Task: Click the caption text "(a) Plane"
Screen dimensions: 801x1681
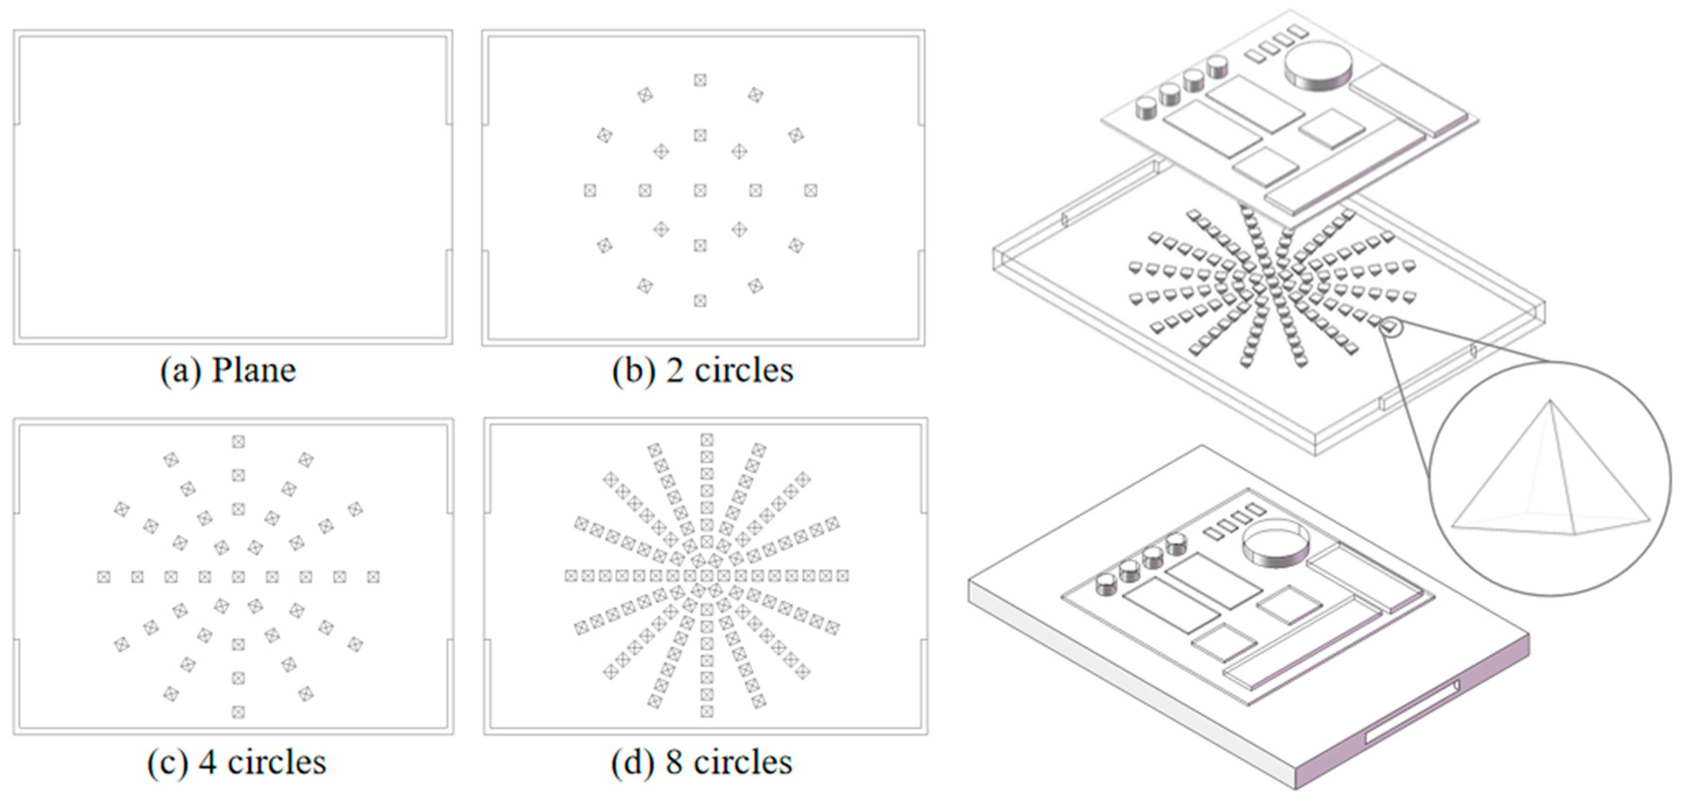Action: [x=228, y=371]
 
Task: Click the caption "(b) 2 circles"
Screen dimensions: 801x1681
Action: [x=702, y=371]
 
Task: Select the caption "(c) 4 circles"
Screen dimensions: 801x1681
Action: [x=236, y=762]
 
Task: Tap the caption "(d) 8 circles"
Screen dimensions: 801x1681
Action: [x=702, y=762]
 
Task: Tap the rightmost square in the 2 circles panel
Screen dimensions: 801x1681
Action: [x=810, y=191]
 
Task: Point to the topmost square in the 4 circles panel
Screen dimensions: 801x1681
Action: [x=238, y=442]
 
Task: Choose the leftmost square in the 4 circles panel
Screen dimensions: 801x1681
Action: [x=103, y=577]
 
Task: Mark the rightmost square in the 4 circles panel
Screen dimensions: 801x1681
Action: [x=373, y=577]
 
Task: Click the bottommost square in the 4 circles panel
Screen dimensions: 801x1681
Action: [x=238, y=712]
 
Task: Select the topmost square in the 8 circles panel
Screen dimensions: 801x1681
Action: [x=707, y=440]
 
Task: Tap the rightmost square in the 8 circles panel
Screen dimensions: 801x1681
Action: [x=842, y=576]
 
